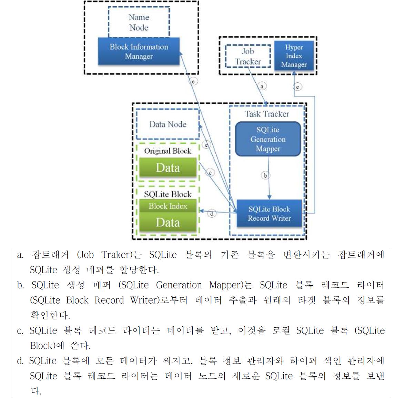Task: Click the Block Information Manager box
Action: (x=139, y=51)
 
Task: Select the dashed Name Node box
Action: (x=139, y=22)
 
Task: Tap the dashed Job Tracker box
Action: (x=248, y=57)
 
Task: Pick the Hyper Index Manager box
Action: (x=294, y=56)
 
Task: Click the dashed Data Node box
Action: (x=168, y=124)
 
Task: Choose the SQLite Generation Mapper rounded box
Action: (x=268, y=139)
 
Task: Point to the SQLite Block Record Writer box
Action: (x=269, y=214)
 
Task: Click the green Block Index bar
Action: (x=168, y=206)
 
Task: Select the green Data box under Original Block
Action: (x=168, y=168)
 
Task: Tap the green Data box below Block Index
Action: (x=168, y=222)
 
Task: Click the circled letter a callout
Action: (x=262, y=86)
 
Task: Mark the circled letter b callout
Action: (x=265, y=175)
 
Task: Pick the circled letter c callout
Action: (x=210, y=173)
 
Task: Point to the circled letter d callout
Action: (x=212, y=214)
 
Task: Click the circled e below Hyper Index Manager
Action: (x=297, y=86)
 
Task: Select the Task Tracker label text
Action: (x=267, y=114)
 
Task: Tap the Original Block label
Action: (x=168, y=151)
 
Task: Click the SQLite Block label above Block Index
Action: (x=168, y=194)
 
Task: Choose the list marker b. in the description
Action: (x=20, y=285)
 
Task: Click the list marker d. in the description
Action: (x=20, y=361)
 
